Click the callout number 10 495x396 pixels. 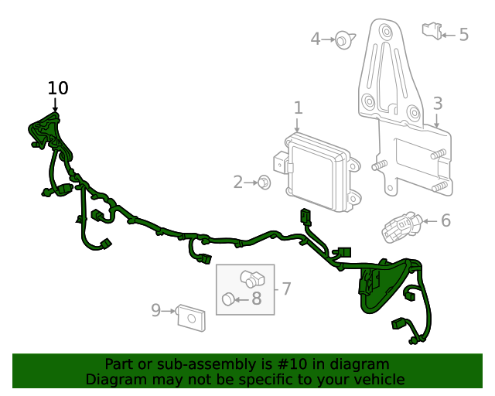point(58,88)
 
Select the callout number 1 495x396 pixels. point(298,108)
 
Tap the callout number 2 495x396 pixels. point(238,183)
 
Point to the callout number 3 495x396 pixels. point(438,104)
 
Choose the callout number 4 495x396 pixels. point(316,39)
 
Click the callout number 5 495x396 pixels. point(463,35)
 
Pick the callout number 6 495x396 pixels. point(445,221)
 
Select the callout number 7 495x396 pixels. point(286,288)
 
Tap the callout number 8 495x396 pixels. point(256,298)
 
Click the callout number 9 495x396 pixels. point(155,310)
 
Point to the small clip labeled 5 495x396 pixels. point(431,32)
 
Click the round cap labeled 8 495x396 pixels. point(228,299)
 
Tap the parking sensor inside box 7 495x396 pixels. point(251,278)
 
